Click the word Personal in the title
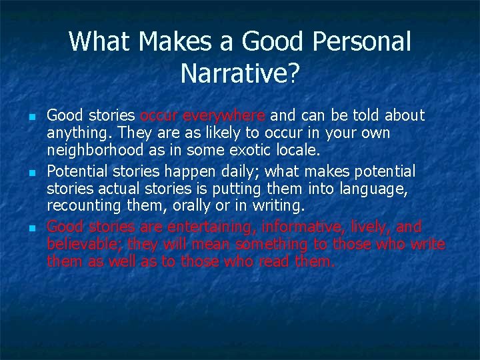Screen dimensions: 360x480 366,42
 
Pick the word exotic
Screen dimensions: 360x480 245,151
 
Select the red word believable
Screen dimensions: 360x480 84,244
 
